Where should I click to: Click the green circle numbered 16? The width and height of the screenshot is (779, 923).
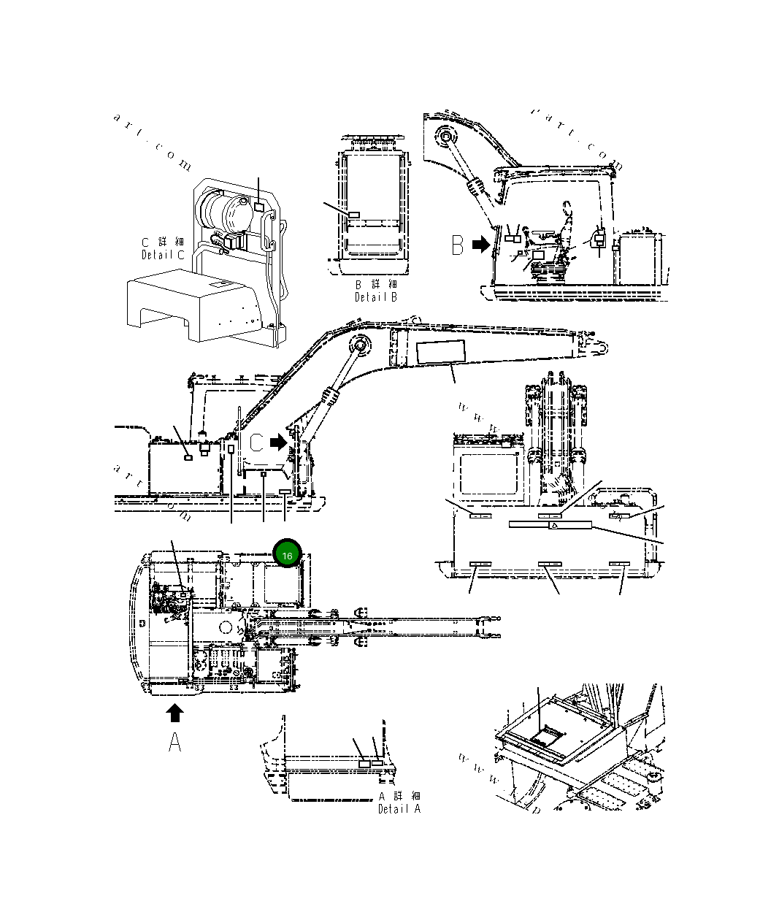coord(287,556)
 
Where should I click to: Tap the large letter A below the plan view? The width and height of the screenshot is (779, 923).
coord(175,742)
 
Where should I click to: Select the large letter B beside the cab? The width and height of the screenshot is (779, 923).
coord(458,245)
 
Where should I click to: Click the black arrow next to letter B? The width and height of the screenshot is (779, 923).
coord(480,245)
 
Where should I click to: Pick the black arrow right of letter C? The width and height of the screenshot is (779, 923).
coord(279,442)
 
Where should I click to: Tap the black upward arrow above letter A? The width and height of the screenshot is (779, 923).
coord(175,713)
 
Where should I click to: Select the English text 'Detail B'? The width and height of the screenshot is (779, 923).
coord(376,297)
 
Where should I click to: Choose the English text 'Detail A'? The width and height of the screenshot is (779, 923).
coord(399,809)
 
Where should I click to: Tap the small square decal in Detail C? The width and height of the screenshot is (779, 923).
coord(259,208)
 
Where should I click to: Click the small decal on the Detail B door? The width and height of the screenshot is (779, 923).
coord(354,215)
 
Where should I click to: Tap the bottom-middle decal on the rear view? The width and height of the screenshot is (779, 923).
coord(549,564)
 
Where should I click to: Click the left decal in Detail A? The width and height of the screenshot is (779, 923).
coord(364,763)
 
